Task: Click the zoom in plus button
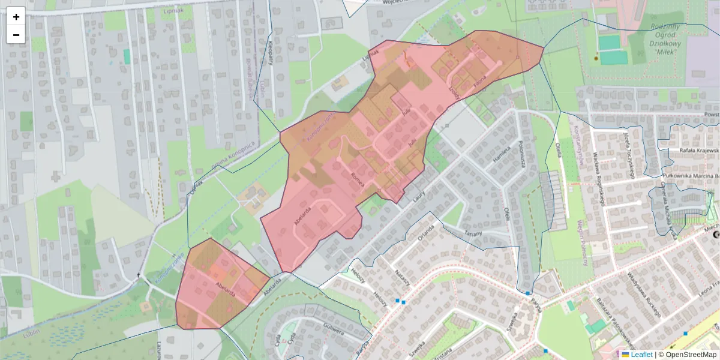16,16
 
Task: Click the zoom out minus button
16,35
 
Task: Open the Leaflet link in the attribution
641,355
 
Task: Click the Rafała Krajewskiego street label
699,150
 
